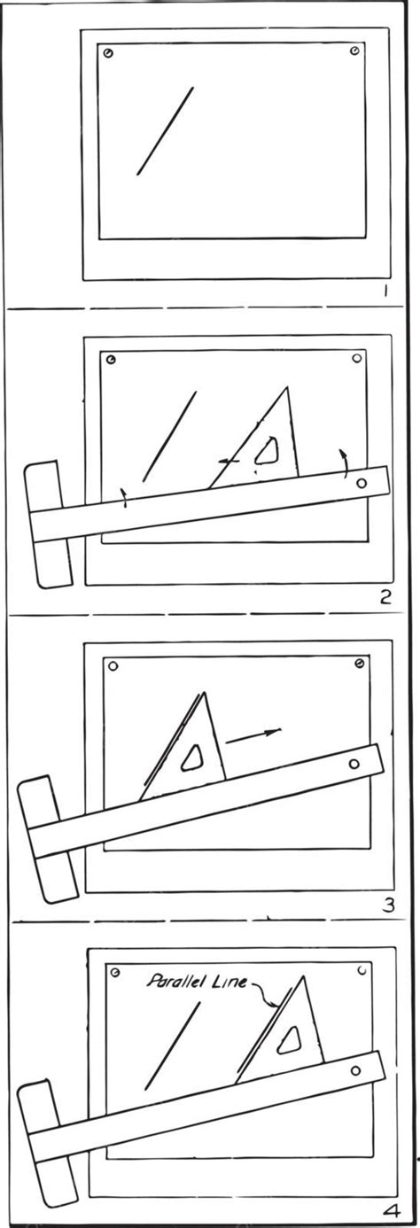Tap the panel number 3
[x=387, y=904]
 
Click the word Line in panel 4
[x=232, y=981]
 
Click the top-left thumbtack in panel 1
[x=108, y=53]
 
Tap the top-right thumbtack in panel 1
[x=354, y=53]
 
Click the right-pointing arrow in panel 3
[x=253, y=734]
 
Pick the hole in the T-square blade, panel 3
[x=354, y=764]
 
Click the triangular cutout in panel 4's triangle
[x=289, y=1042]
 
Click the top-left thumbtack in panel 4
[x=115, y=972]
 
